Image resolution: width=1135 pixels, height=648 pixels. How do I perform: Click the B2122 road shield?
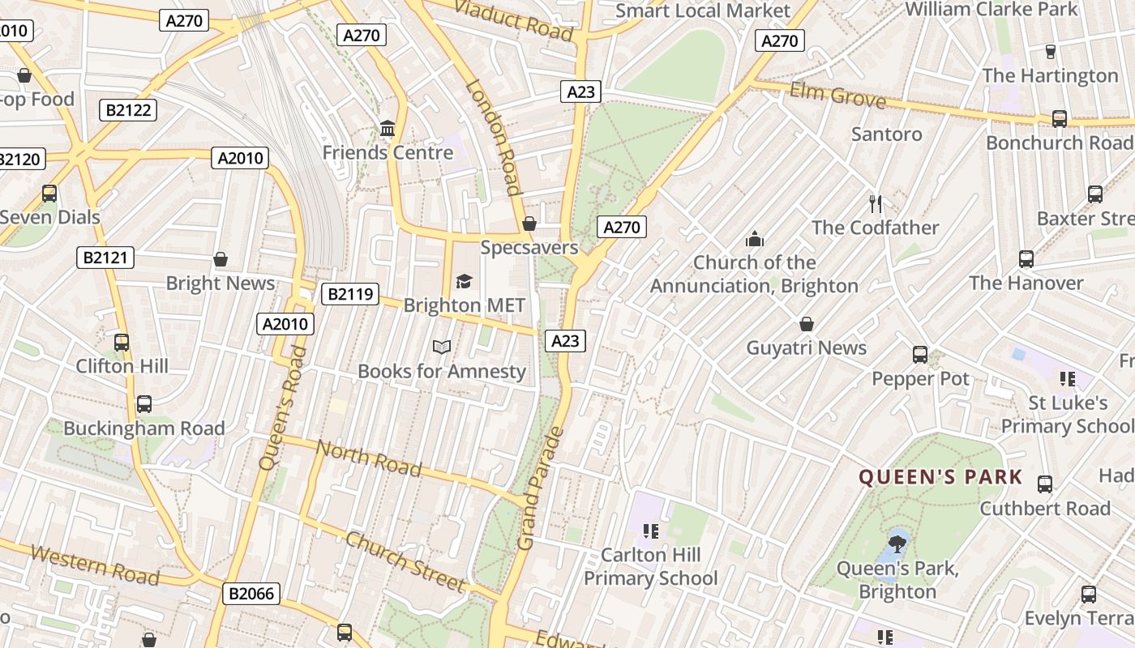click(128, 110)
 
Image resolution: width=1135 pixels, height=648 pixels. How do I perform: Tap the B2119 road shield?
click(350, 294)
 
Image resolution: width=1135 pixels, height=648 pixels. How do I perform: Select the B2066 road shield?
click(251, 594)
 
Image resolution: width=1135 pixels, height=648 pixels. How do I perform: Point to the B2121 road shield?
click(105, 258)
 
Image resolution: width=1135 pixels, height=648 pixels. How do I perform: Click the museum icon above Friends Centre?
click(388, 129)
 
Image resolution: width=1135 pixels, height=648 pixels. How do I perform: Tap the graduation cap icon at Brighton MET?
click(464, 281)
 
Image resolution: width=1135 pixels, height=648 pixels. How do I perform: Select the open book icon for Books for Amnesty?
click(441, 347)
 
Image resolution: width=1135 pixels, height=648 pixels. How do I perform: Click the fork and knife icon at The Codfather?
click(875, 203)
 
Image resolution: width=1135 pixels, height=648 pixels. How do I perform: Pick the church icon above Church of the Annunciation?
click(754, 239)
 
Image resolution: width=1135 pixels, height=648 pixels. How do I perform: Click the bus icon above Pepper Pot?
click(920, 355)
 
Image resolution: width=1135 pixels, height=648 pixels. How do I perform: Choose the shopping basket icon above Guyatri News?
click(807, 324)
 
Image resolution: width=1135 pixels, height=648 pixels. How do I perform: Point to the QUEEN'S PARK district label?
click(940, 477)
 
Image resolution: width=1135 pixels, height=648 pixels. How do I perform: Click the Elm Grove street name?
click(837, 95)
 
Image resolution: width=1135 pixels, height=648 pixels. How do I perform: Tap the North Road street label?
click(369, 458)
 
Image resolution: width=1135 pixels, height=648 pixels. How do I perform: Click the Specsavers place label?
click(529, 247)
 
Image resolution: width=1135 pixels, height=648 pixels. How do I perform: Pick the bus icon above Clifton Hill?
click(122, 343)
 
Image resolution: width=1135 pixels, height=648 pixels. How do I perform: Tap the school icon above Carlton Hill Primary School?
click(650, 531)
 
